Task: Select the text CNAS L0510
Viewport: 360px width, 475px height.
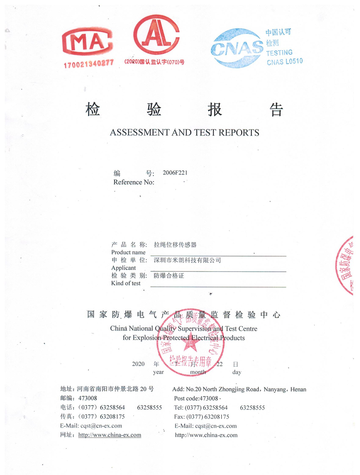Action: pyautogui.click(x=285, y=61)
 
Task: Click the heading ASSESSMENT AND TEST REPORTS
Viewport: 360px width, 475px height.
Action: pyautogui.click(x=185, y=133)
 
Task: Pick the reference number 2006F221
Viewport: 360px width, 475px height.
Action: pyautogui.click(x=175, y=173)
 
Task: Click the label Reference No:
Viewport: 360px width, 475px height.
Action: pyautogui.click(x=134, y=182)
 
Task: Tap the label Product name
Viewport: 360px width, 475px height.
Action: pyautogui.click(x=129, y=252)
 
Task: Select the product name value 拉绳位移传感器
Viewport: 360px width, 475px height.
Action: pyautogui.click(x=175, y=245)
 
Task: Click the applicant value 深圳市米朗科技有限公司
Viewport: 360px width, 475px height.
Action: pyautogui.click(x=187, y=260)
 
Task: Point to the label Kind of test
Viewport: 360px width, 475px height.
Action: pyautogui.click(x=126, y=283)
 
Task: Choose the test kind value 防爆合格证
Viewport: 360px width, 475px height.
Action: pyautogui.click(x=169, y=275)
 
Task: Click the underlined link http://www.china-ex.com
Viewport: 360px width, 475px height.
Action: pyautogui.click(x=110, y=435)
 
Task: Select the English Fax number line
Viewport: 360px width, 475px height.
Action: pyautogui.click(x=202, y=417)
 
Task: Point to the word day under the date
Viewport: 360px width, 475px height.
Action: pyautogui.click(x=237, y=372)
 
